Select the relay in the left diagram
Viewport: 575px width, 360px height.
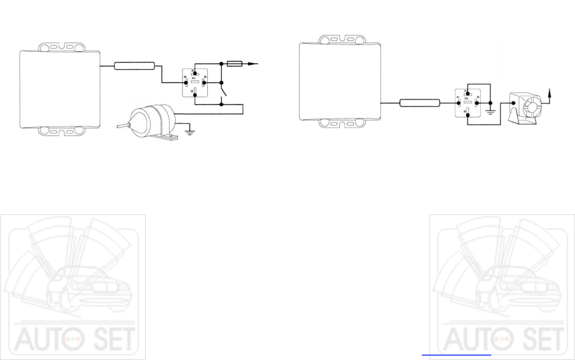tap(195, 82)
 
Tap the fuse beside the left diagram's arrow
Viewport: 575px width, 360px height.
tap(235, 63)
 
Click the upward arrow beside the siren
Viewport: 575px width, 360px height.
tap(550, 92)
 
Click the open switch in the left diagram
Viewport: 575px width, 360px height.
tap(224, 92)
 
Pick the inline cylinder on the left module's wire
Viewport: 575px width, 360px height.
tap(134, 66)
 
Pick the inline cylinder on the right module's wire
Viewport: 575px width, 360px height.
tap(420, 103)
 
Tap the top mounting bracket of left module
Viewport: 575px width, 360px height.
tap(60, 47)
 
